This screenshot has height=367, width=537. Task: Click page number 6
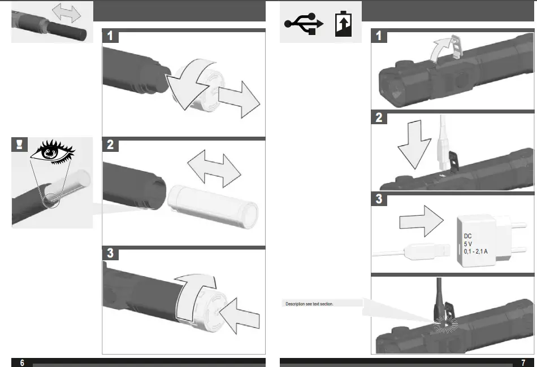(x=22, y=362)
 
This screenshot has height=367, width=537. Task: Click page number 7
(x=523, y=362)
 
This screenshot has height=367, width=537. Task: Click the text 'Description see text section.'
(x=309, y=304)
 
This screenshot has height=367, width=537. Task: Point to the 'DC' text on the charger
(x=467, y=237)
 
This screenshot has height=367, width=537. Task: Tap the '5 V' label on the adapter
(x=469, y=244)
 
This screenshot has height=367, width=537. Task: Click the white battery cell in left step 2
(x=213, y=206)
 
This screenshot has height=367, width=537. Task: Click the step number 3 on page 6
(x=110, y=254)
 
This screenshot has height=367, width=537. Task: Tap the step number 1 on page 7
(x=378, y=36)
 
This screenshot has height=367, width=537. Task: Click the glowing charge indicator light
(x=446, y=324)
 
